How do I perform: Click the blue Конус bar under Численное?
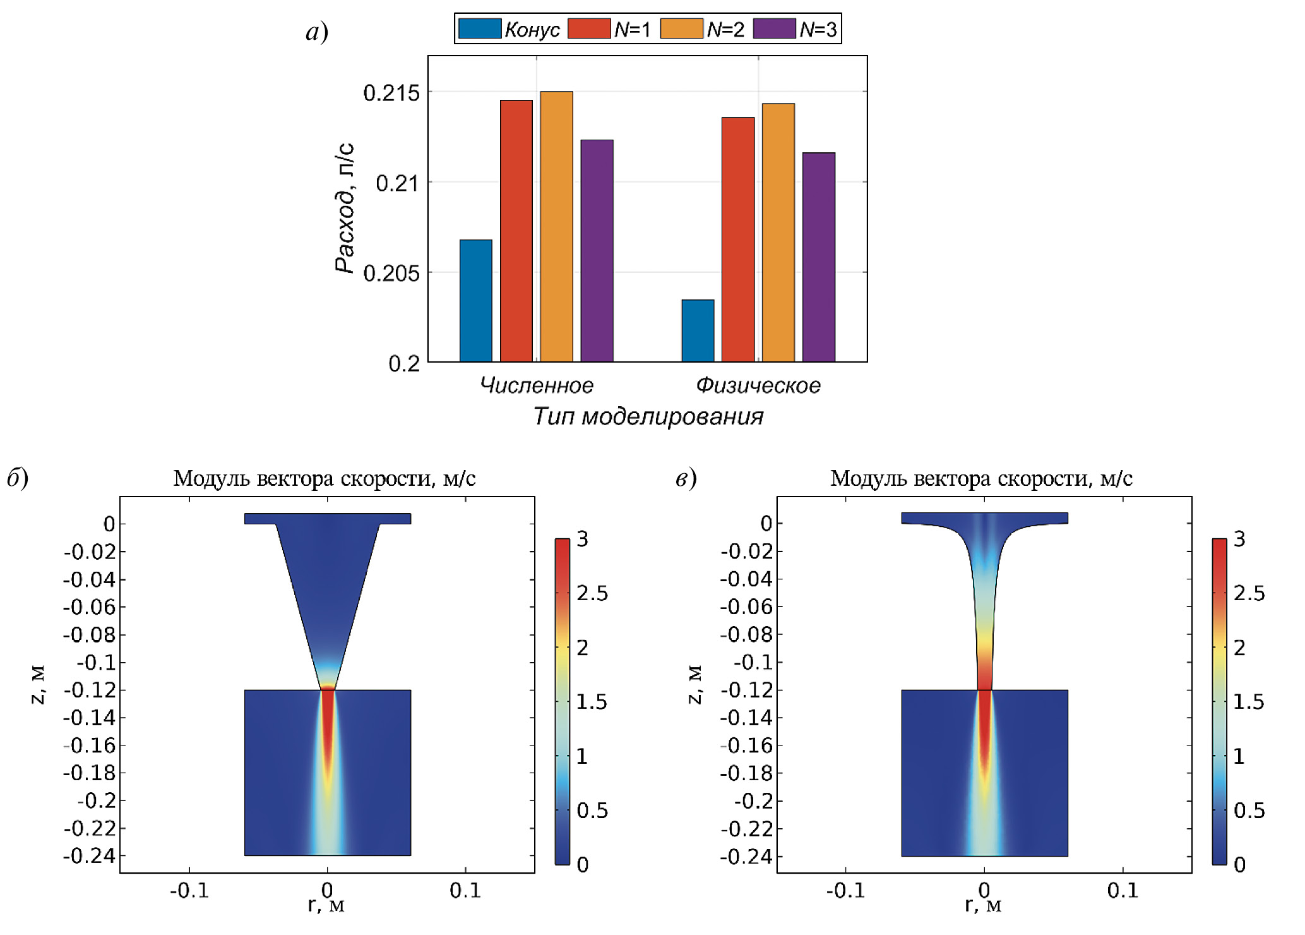(x=475, y=301)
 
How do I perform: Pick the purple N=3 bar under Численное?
(x=597, y=251)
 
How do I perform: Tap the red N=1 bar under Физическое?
(x=738, y=239)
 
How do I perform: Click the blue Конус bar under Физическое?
(x=698, y=330)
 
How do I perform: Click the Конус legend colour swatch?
(x=479, y=28)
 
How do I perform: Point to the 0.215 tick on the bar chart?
(x=391, y=93)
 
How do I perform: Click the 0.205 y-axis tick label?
(x=391, y=274)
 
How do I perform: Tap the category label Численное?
(x=536, y=385)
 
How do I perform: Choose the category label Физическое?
(x=758, y=385)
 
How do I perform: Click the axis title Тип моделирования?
(x=648, y=416)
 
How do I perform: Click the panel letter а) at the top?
(x=316, y=32)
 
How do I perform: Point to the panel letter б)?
(x=18, y=478)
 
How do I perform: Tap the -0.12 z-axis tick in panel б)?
(x=90, y=690)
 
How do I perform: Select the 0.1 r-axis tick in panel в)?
(x=1122, y=890)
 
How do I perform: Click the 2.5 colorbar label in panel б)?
(x=592, y=593)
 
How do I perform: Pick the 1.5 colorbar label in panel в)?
(x=1248, y=702)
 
